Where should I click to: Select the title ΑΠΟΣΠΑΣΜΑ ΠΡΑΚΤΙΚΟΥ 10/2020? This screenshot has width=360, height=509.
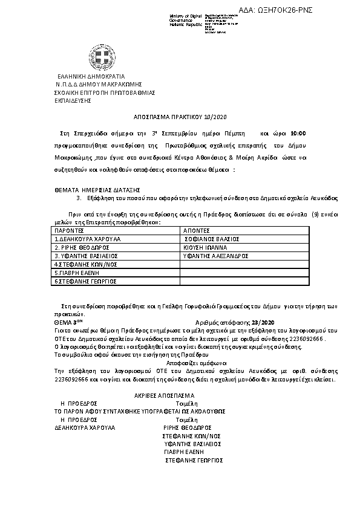[180, 117]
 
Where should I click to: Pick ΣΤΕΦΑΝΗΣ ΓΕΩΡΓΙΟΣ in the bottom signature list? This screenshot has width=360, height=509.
[194, 461]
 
